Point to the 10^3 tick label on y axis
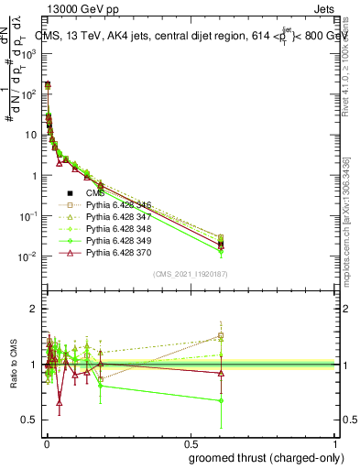pos(30,54)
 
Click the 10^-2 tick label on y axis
pos(30,256)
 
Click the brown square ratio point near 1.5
pos(221,335)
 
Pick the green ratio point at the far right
pos(221,400)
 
